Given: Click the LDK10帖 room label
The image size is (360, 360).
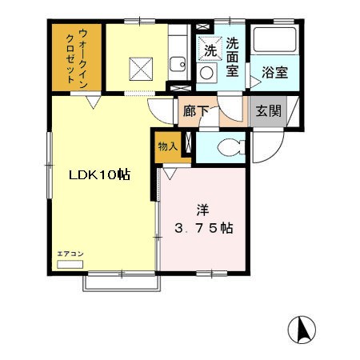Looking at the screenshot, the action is (99, 175).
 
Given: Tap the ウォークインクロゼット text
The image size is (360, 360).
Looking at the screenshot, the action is (77, 58).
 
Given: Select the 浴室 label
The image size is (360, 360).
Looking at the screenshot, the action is (274, 72).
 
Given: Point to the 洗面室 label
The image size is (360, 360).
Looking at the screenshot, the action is (232, 58).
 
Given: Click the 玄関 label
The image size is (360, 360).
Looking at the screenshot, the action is (268, 110).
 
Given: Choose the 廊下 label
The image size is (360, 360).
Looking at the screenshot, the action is (196, 111).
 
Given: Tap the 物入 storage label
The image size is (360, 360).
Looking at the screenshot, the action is (168, 146).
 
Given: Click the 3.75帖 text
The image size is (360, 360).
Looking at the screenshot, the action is (204, 228).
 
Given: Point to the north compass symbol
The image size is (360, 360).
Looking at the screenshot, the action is (302, 330).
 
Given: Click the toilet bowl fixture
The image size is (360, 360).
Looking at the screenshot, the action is (231, 147).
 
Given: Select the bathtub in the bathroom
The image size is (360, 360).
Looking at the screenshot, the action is (274, 39).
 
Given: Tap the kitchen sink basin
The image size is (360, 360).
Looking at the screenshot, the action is (178, 64).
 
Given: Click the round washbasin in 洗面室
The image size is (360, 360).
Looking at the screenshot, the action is (206, 73).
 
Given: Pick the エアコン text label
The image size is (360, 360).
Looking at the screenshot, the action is (70, 254).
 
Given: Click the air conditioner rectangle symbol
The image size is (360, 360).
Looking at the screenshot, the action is (70, 264).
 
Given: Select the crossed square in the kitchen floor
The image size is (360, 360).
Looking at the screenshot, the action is (141, 69).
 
